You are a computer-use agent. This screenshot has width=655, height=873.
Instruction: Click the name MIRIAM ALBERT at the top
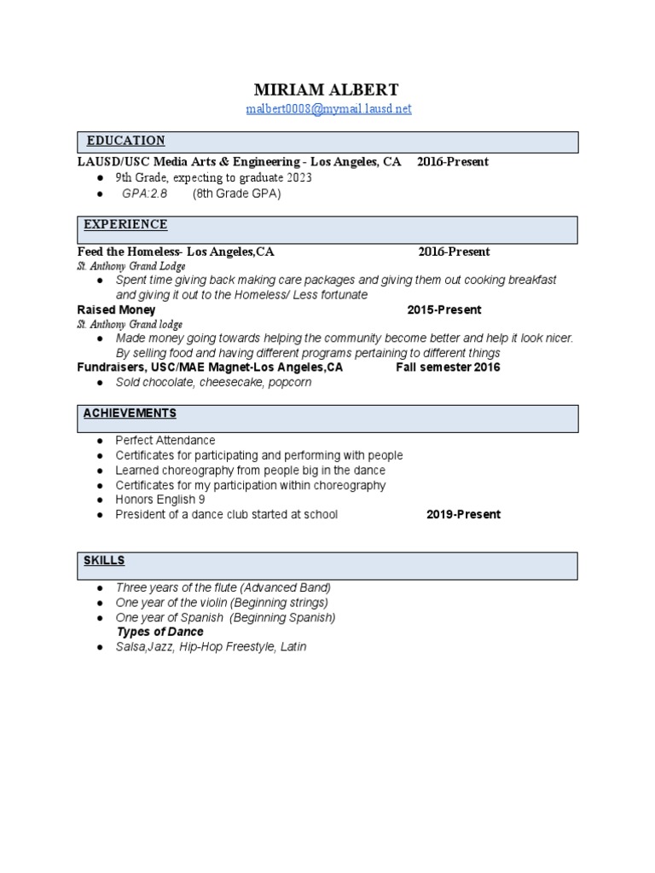point(327,90)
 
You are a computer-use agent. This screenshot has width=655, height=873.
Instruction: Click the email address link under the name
point(328,109)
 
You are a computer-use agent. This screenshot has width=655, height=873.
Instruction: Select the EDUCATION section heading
point(125,141)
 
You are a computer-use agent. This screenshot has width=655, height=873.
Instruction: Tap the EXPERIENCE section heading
point(125,224)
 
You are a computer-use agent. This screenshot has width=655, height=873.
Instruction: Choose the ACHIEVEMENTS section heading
point(130,413)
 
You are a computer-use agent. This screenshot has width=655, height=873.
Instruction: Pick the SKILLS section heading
point(104,560)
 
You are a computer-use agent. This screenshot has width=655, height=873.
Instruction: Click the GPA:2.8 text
point(145,194)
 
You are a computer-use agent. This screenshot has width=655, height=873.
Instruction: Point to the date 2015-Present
point(444,309)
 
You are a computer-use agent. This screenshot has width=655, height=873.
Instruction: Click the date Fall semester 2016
point(448,367)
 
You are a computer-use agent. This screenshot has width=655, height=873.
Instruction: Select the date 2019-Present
point(463,514)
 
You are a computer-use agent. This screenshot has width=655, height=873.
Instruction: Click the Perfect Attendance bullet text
point(165,441)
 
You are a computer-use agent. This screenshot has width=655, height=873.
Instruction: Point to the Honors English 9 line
point(160,500)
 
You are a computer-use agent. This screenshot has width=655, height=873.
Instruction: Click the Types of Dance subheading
point(159,632)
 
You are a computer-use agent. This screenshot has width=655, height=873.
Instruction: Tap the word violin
point(212,603)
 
